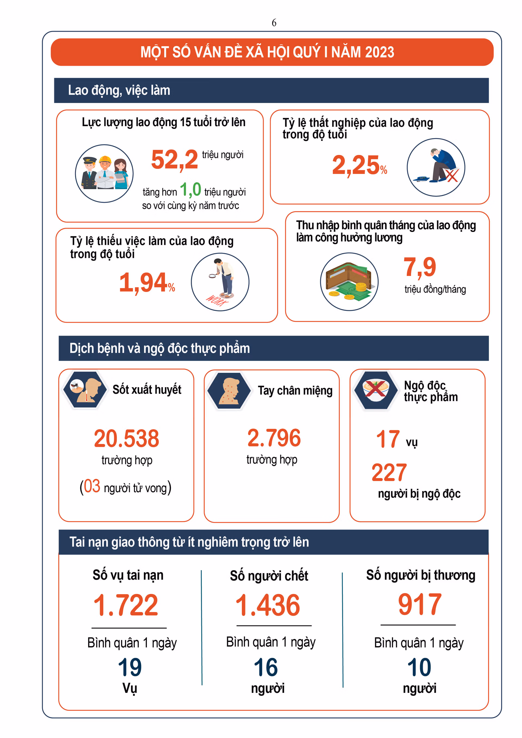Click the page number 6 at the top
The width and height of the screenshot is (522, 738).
[274, 23]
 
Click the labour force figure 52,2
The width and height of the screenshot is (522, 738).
[175, 160]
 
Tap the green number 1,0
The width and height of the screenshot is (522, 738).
[190, 189]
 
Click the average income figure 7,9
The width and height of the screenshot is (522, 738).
[420, 267]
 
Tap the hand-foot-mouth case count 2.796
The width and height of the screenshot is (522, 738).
[274, 438]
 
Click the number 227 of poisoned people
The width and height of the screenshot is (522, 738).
[389, 473]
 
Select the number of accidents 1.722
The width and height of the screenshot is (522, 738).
[126, 605]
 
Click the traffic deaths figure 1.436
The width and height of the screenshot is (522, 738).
[268, 605]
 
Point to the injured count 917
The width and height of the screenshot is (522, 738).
[420, 604]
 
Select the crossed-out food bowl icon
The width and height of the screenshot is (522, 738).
[375, 390]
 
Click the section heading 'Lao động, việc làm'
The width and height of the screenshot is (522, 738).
[119, 90]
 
